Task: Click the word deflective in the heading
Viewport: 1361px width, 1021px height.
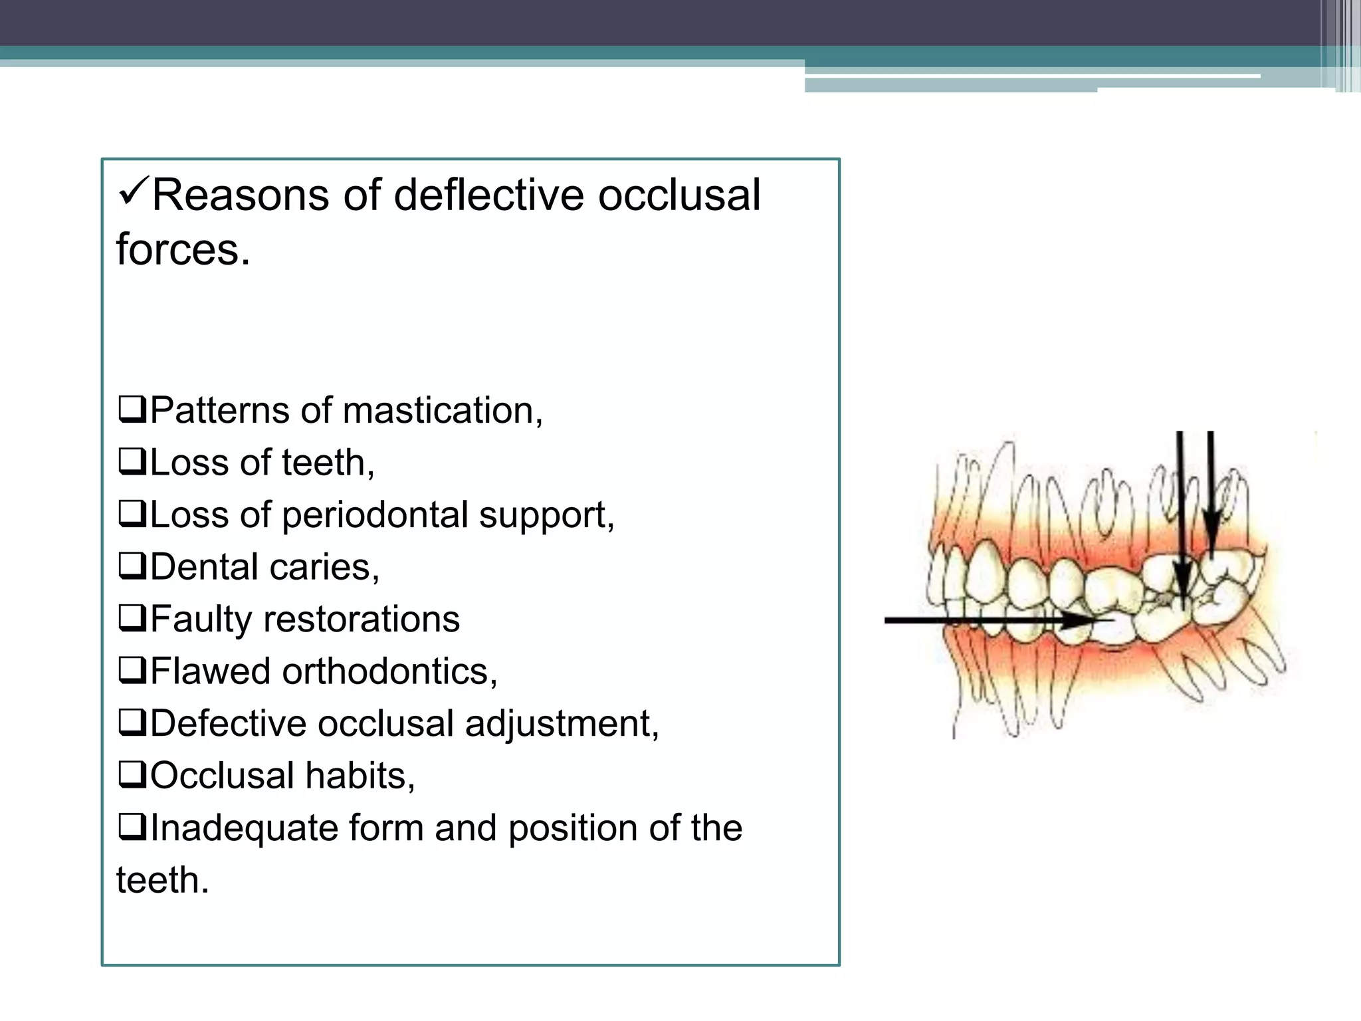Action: coord(489,195)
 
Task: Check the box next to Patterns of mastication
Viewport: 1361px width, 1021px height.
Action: coord(132,410)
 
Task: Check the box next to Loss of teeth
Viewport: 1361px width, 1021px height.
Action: coord(132,462)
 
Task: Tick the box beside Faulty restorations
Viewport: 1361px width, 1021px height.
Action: coord(132,619)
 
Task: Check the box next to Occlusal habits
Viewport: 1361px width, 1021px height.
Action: coord(132,776)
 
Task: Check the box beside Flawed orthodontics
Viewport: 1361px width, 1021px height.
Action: coord(132,671)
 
